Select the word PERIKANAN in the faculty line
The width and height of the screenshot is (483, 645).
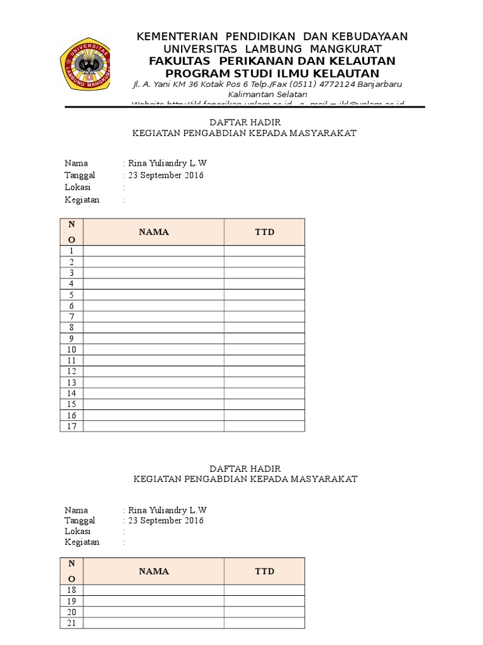[x=255, y=60]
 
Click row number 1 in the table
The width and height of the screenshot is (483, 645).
[x=72, y=251]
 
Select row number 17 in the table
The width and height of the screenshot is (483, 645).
[x=72, y=426]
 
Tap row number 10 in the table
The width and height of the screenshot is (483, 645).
[x=72, y=350]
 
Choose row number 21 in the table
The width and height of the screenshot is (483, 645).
[x=72, y=623]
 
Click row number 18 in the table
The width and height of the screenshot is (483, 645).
[x=72, y=590]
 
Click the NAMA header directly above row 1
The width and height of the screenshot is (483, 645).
[x=153, y=232]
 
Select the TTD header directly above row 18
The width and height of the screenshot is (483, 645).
[x=264, y=571]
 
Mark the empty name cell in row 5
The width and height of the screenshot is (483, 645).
[x=153, y=295]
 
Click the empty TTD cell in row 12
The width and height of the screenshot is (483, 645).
[x=264, y=372]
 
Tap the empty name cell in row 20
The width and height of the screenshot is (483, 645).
[x=153, y=612]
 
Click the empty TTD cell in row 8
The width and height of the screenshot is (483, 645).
[x=264, y=328]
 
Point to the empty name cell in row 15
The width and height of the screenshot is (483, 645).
[x=153, y=404]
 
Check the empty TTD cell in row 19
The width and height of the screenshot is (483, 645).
[x=264, y=601]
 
